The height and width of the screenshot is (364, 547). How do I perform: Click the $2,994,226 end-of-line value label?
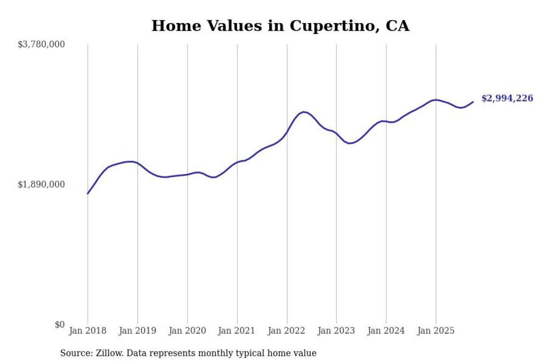click(507, 99)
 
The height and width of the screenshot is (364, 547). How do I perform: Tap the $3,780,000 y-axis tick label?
click(41, 44)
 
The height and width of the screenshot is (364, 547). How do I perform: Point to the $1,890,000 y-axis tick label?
click(41, 184)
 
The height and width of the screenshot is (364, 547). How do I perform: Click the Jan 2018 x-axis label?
click(88, 331)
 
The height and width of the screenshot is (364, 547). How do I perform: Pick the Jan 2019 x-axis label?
click(138, 331)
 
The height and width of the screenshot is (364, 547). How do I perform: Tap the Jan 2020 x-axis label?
click(187, 331)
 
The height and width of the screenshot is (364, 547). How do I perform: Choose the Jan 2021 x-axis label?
click(237, 331)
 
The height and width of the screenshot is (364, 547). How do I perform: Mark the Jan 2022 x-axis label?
click(287, 331)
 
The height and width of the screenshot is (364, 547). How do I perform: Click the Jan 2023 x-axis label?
click(336, 331)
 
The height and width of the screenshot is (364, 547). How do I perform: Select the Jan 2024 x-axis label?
click(386, 331)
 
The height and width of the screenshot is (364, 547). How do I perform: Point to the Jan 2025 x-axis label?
click(436, 331)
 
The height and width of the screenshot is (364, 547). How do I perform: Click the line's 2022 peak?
click(303, 112)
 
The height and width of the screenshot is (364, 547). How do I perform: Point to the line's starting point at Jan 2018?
click(88, 194)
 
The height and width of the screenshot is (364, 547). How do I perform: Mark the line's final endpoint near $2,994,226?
click(473, 102)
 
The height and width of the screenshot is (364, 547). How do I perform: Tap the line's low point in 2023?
click(350, 143)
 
